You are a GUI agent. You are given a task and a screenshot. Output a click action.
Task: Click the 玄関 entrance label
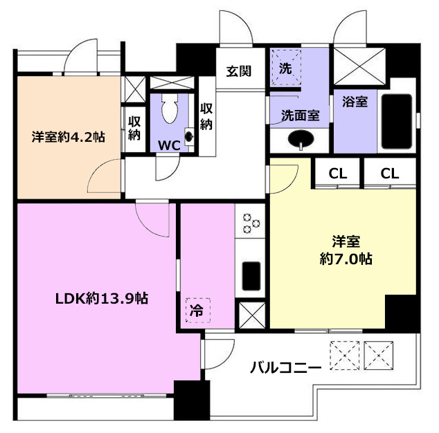[239, 71]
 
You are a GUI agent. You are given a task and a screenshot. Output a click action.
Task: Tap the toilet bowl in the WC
[170, 109]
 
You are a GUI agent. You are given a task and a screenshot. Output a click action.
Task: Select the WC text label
[169, 145]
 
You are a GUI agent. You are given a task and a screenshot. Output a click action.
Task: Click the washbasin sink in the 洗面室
[301, 139]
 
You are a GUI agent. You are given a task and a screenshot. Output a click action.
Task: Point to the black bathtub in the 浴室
[397, 122]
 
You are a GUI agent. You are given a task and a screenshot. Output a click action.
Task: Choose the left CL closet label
[338, 174]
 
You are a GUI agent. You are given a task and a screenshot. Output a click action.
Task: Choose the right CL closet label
[390, 174]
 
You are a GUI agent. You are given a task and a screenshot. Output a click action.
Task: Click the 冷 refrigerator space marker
[197, 310]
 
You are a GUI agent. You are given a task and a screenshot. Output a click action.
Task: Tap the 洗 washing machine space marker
[285, 68]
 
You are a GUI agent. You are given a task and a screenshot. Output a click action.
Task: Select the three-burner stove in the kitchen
[250, 223]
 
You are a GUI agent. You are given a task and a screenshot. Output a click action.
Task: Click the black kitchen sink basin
[251, 276]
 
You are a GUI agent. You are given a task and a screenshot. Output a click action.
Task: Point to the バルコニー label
[285, 367]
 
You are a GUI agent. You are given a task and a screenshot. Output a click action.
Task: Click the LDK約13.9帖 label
[102, 298]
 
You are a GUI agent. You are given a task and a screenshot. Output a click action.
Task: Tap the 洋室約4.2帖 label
[69, 137]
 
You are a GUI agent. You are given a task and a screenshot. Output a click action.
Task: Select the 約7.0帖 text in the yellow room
[346, 259]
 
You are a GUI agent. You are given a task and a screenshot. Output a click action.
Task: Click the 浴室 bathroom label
[355, 102]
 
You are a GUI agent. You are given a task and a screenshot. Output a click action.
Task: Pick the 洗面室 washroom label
[301, 116]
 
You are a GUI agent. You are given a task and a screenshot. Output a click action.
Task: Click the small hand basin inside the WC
[189, 136]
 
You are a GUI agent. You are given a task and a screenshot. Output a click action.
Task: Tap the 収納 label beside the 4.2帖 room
[134, 128]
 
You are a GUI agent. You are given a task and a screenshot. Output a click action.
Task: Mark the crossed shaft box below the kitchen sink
[252, 315]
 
